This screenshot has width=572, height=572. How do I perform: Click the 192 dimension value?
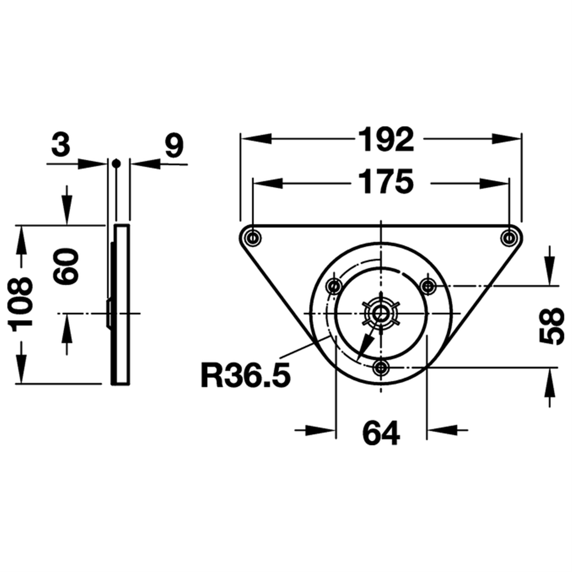point(387,139)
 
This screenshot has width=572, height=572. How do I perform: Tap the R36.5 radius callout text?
point(245,375)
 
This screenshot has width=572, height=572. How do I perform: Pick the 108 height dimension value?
point(21,304)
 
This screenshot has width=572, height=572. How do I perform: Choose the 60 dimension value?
point(66,266)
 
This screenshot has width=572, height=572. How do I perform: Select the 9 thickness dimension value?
point(174,145)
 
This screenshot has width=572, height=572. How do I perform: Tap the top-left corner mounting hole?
point(253,237)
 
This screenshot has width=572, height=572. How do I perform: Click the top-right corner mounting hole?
point(508,237)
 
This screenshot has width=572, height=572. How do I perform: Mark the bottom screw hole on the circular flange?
point(381,367)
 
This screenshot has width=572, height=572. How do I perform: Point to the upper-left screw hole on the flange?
point(334,285)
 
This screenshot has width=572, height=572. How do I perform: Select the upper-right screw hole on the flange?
point(429,285)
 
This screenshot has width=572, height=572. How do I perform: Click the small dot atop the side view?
point(117,163)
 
